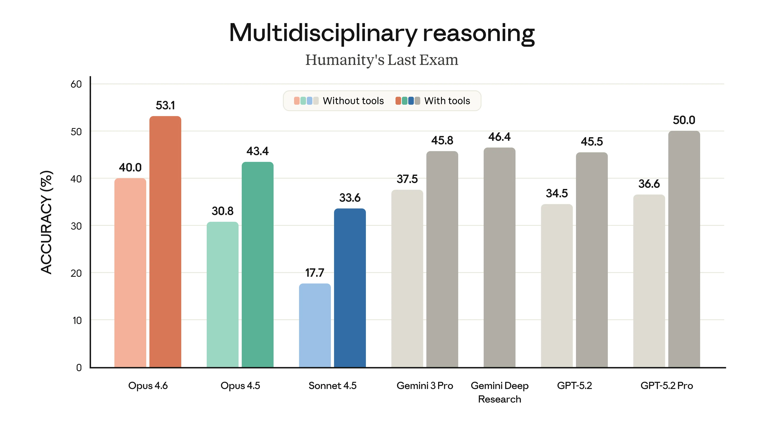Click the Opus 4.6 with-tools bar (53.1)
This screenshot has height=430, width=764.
[165, 242]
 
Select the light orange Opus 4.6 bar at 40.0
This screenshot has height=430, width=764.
[130, 273]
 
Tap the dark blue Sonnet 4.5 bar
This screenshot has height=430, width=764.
[350, 288]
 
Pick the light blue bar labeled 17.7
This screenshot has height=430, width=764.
[315, 325]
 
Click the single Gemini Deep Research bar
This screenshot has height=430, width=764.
[499, 258]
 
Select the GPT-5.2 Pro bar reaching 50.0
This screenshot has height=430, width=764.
[684, 249]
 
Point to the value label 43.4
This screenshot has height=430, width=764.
[257, 151]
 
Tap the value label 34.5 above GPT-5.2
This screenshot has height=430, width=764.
[557, 193]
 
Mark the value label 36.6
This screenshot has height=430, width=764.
[649, 184]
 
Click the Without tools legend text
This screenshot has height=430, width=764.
[353, 101]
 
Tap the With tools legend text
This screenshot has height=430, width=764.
[447, 101]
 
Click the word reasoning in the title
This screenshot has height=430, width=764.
[479, 33]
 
